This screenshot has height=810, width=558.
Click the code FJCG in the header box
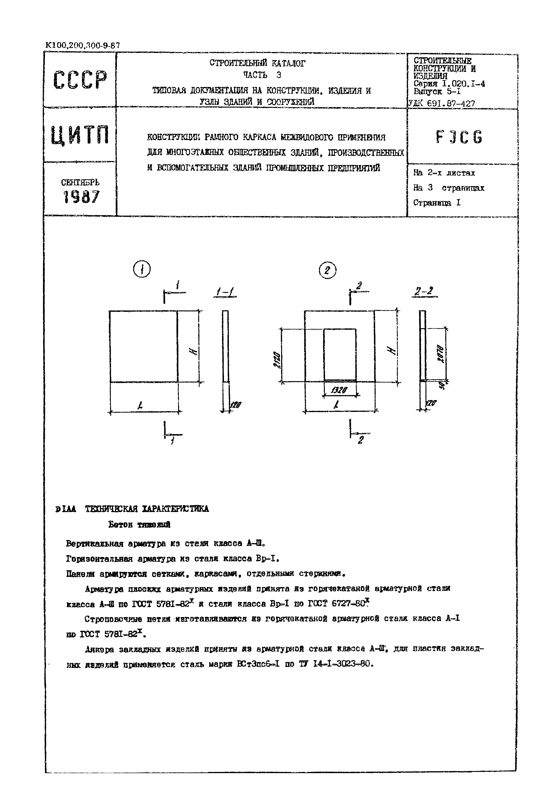[459, 137]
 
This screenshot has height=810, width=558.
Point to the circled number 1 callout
[142, 270]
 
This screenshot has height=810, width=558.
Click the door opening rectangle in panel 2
[340, 354]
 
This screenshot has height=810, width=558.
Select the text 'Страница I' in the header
[437, 203]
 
